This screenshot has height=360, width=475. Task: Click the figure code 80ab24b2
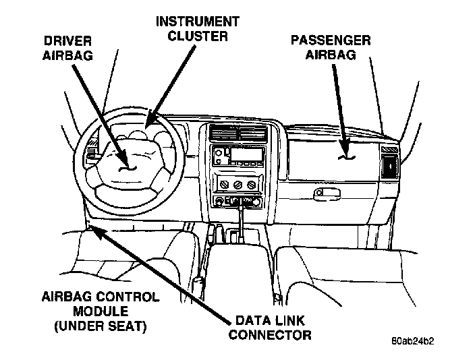pos(412,341)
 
